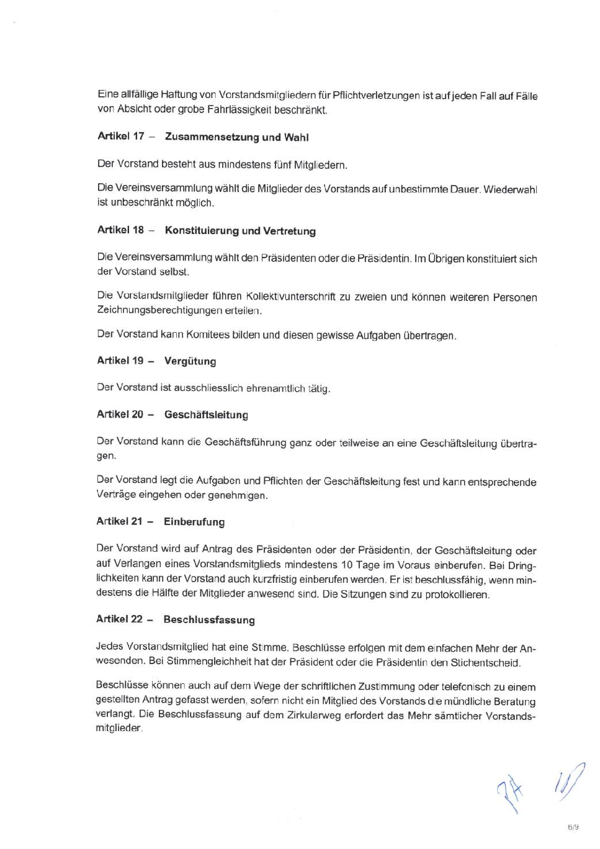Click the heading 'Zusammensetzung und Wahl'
236,137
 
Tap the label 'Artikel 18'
120,230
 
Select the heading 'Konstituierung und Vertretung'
240,231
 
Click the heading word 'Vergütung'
190,361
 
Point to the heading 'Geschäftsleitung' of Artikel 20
206,415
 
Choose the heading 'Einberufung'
194,522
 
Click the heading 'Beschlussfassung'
209,620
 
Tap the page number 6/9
573,827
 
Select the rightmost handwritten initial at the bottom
570,781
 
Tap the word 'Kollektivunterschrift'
291,297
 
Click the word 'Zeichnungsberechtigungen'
159,310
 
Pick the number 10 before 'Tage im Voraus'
346,565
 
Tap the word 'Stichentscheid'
485,663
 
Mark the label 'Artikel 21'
119,521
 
